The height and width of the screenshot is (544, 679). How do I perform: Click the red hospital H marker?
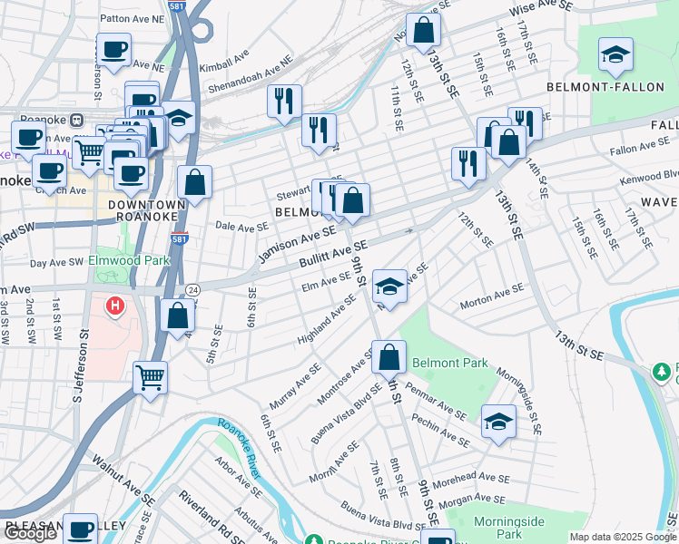[x=114, y=306]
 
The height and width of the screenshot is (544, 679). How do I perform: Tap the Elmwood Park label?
[x=130, y=260]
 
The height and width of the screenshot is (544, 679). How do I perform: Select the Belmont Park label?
[x=449, y=363]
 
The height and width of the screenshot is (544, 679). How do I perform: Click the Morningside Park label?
[x=508, y=528]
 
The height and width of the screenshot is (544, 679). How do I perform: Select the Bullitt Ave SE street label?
[x=333, y=254]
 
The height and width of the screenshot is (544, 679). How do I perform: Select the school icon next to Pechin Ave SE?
[x=498, y=422]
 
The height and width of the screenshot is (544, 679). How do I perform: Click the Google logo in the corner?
[x=31, y=533]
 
